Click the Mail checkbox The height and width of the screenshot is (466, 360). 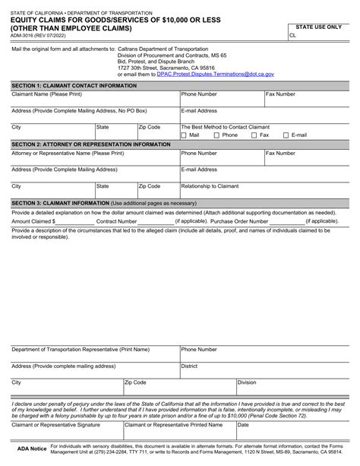click(184, 135)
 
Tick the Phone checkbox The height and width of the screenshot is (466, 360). click(216, 135)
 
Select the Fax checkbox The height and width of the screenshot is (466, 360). click(254, 135)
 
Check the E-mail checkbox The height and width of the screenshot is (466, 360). click(286, 135)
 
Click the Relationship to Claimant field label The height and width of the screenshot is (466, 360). click(210, 185)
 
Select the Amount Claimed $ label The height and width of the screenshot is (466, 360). click(34, 221)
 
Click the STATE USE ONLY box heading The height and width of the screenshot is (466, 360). click(318, 27)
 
